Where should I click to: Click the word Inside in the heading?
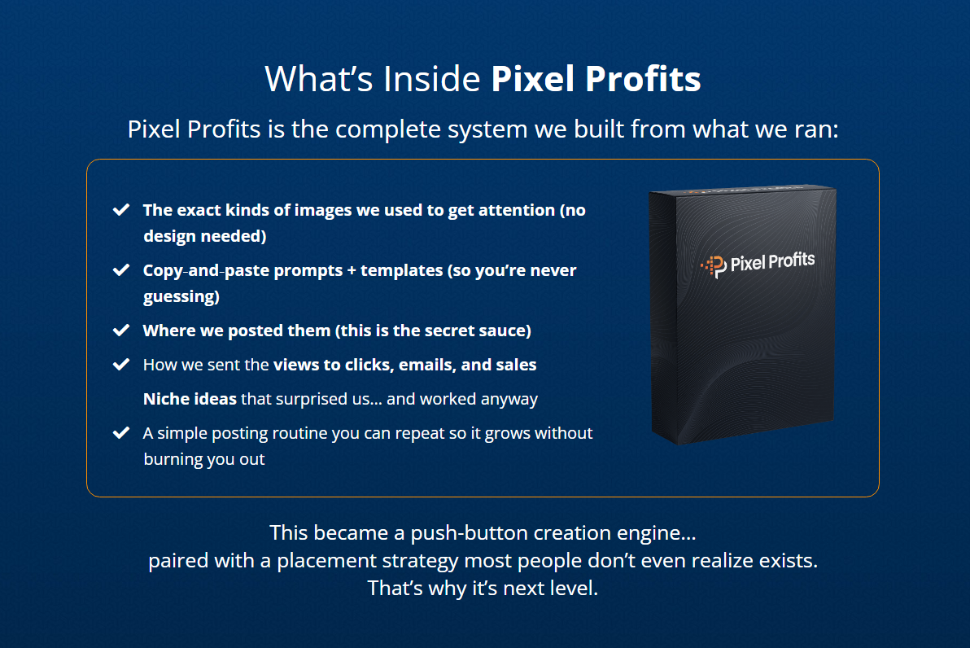(x=431, y=79)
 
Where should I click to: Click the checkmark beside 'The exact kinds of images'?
(x=121, y=210)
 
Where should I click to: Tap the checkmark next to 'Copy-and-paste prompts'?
(x=121, y=270)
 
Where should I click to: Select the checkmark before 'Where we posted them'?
(x=121, y=331)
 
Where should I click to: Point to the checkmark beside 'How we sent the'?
(x=121, y=365)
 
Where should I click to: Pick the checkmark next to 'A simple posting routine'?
(x=121, y=433)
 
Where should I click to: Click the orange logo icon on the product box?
(x=713, y=265)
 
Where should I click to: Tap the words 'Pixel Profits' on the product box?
(x=772, y=261)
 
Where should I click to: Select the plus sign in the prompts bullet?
(x=352, y=270)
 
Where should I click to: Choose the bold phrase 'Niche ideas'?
(x=190, y=399)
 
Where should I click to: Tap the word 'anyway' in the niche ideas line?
(x=511, y=399)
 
